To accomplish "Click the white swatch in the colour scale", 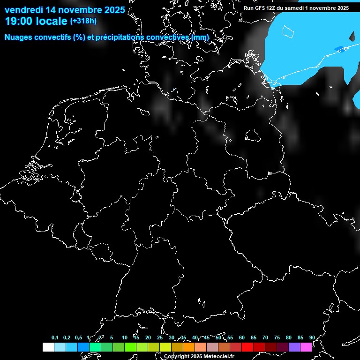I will tap(48, 347).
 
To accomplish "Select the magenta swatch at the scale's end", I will tap(306, 347).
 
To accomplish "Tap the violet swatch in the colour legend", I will tap(294, 347).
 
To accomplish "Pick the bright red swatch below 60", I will tap(247, 347).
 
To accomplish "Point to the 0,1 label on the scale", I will tap(55, 337).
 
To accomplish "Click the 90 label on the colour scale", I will tap(312, 337).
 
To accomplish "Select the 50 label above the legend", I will tap(218, 337).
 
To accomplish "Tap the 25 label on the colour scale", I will tap(160, 337).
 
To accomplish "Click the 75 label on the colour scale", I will tap(277, 337).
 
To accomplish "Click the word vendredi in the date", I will tap(24, 9).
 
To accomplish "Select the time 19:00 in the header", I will tap(22, 21).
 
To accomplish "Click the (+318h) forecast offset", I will tap(83, 21).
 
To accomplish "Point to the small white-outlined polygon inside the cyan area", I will tap(288, 31).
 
